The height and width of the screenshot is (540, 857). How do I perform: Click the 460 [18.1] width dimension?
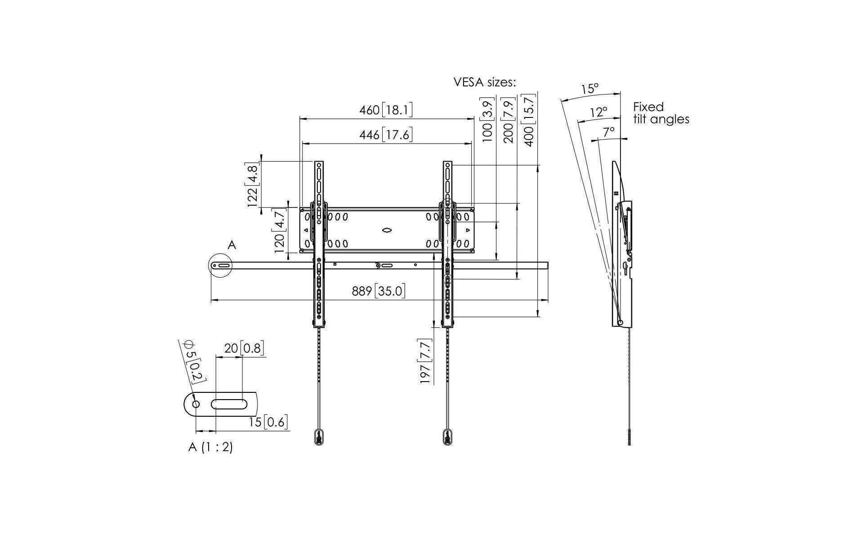tap(386, 110)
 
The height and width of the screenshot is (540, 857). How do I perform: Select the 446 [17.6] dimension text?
tap(386, 135)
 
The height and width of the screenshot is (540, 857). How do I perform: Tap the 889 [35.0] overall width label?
tap(378, 291)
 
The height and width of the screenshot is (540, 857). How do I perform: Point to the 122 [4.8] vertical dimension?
tap(253, 186)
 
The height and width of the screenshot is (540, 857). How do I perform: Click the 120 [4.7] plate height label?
tap(280, 231)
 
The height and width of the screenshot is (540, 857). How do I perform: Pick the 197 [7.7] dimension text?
tap(426, 361)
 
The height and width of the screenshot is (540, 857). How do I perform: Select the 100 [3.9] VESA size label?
tap(488, 119)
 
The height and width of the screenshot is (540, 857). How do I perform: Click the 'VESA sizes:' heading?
tap(485, 82)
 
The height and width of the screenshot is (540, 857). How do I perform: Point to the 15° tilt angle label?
tap(589, 89)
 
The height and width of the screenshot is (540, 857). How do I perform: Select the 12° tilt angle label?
tap(598, 112)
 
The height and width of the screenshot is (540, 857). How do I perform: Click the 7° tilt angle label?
tap(609, 132)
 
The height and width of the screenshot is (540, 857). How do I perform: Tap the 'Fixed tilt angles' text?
tap(661, 113)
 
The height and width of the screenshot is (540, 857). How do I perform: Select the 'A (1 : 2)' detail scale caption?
tap(210, 447)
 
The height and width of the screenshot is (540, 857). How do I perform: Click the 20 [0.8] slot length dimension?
tap(243, 348)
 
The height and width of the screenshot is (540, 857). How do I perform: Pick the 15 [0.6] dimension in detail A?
tap(268, 422)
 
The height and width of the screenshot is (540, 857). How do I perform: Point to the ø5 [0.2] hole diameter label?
tap(195, 361)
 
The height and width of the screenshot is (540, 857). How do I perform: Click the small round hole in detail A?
tap(196, 404)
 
